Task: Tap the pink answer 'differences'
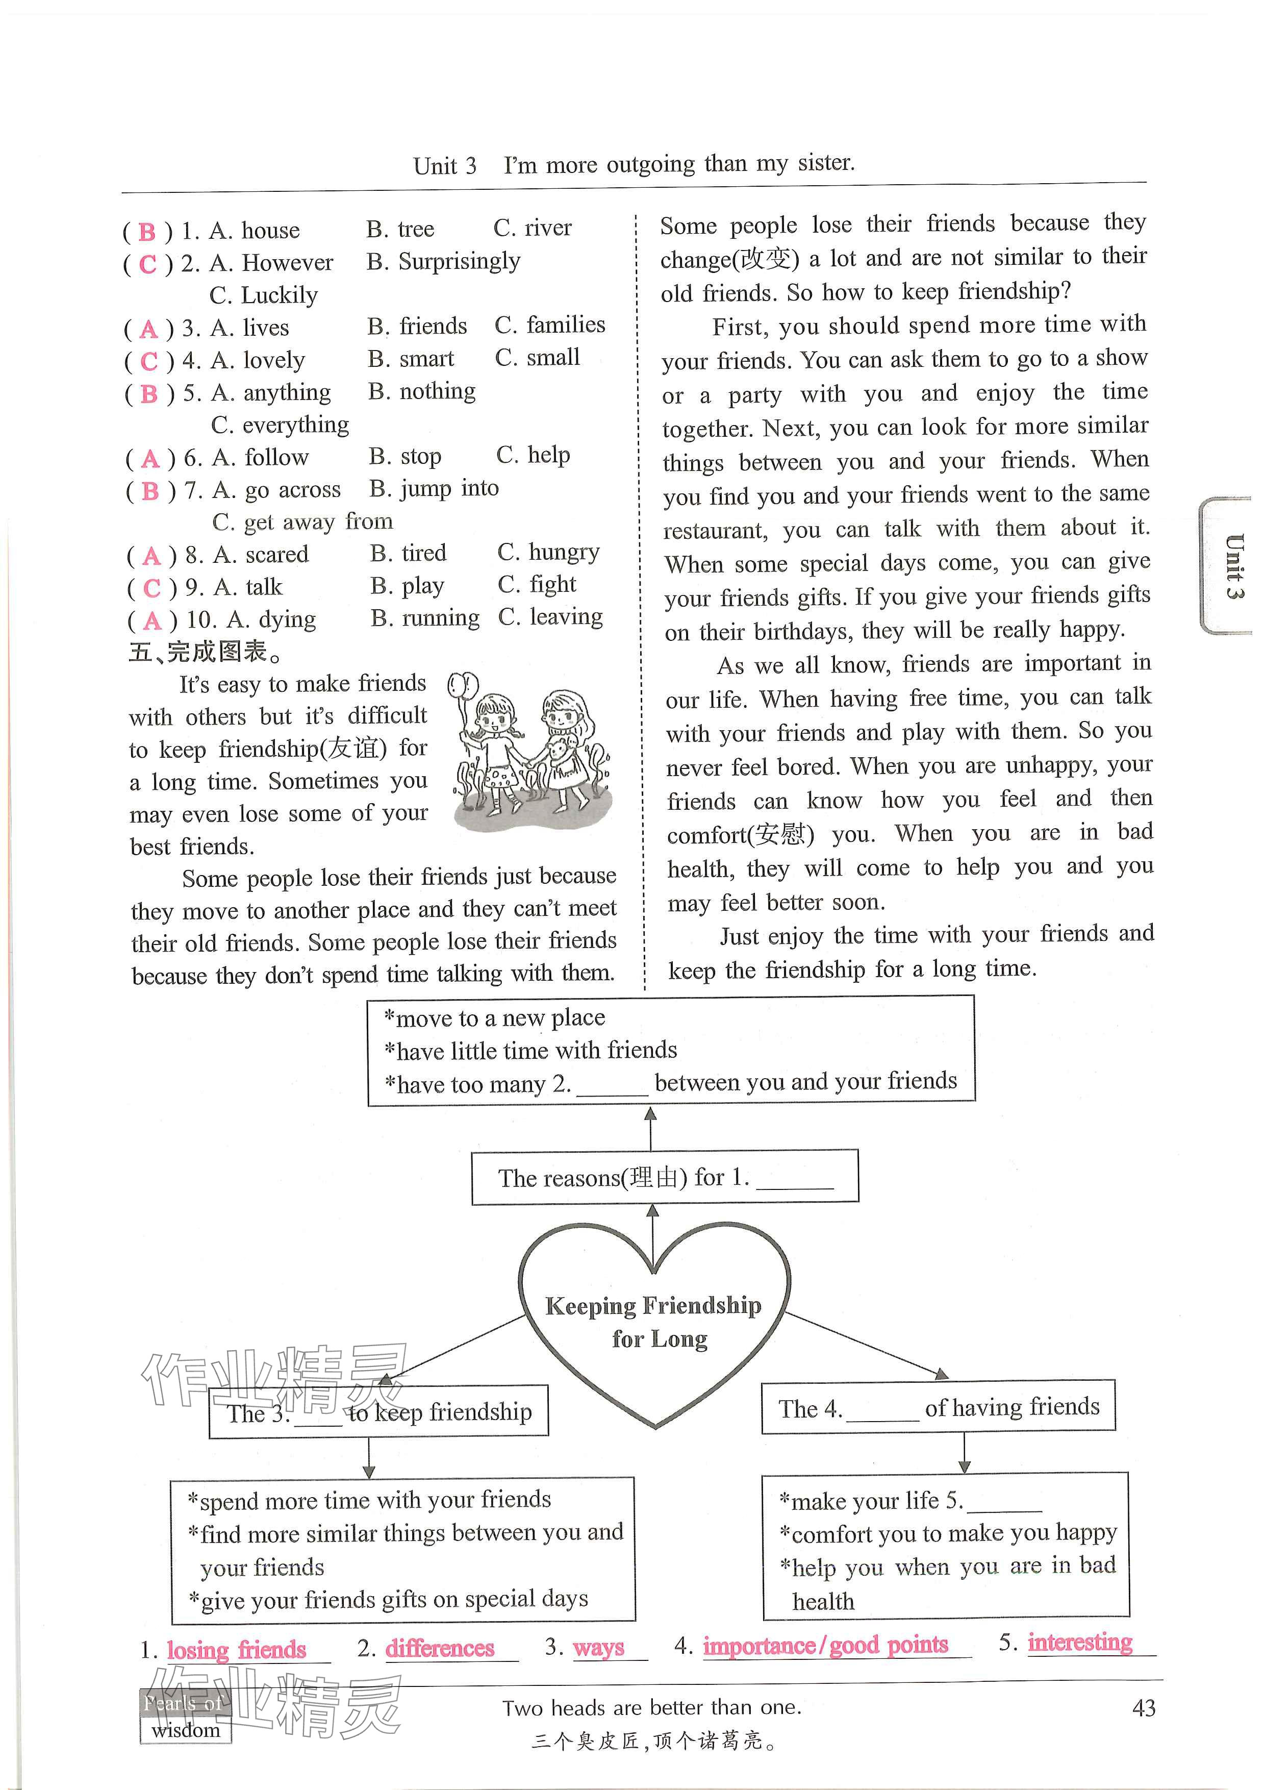440,1648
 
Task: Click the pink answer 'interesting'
1079,1642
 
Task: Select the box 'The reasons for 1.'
664,1177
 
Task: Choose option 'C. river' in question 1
533,228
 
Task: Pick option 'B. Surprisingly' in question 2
443,261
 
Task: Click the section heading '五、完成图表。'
207,651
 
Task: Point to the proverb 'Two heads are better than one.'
651,1707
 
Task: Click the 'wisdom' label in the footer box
186,1731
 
